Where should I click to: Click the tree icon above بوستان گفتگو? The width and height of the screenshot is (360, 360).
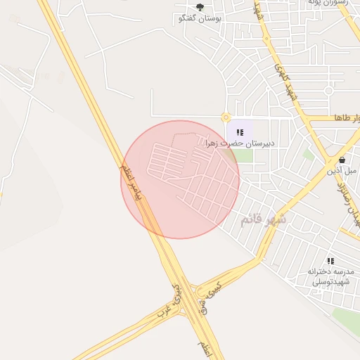coord(200,7)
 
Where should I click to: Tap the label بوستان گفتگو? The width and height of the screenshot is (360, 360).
coord(200,18)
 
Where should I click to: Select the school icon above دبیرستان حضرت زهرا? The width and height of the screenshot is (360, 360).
coord(240,131)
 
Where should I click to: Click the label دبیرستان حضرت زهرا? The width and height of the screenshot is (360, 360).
coord(239,143)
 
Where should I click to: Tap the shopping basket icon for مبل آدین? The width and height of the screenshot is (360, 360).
coord(342,160)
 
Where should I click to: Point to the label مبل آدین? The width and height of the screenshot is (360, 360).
coord(342,171)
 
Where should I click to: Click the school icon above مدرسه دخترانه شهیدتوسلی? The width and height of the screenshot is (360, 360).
coord(330,261)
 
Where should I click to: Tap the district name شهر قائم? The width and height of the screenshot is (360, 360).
coord(264,219)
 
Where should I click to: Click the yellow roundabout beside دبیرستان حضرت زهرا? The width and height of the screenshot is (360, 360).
coord(226,117)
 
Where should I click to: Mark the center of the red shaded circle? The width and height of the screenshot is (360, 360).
coord(180,179)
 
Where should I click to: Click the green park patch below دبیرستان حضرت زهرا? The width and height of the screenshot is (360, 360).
coord(243,155)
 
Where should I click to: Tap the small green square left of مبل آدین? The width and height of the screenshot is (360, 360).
coord(309,153)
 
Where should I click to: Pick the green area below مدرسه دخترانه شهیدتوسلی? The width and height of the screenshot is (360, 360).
coord(346,320)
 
